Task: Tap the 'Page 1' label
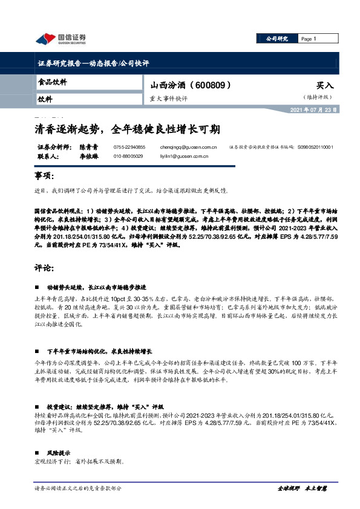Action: [309, 39]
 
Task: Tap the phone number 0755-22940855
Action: [129, 147]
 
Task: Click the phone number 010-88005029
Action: [128, 156]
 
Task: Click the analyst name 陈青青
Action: [89, 147]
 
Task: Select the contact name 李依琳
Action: [89, 156]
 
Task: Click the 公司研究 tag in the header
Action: [277, 39]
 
